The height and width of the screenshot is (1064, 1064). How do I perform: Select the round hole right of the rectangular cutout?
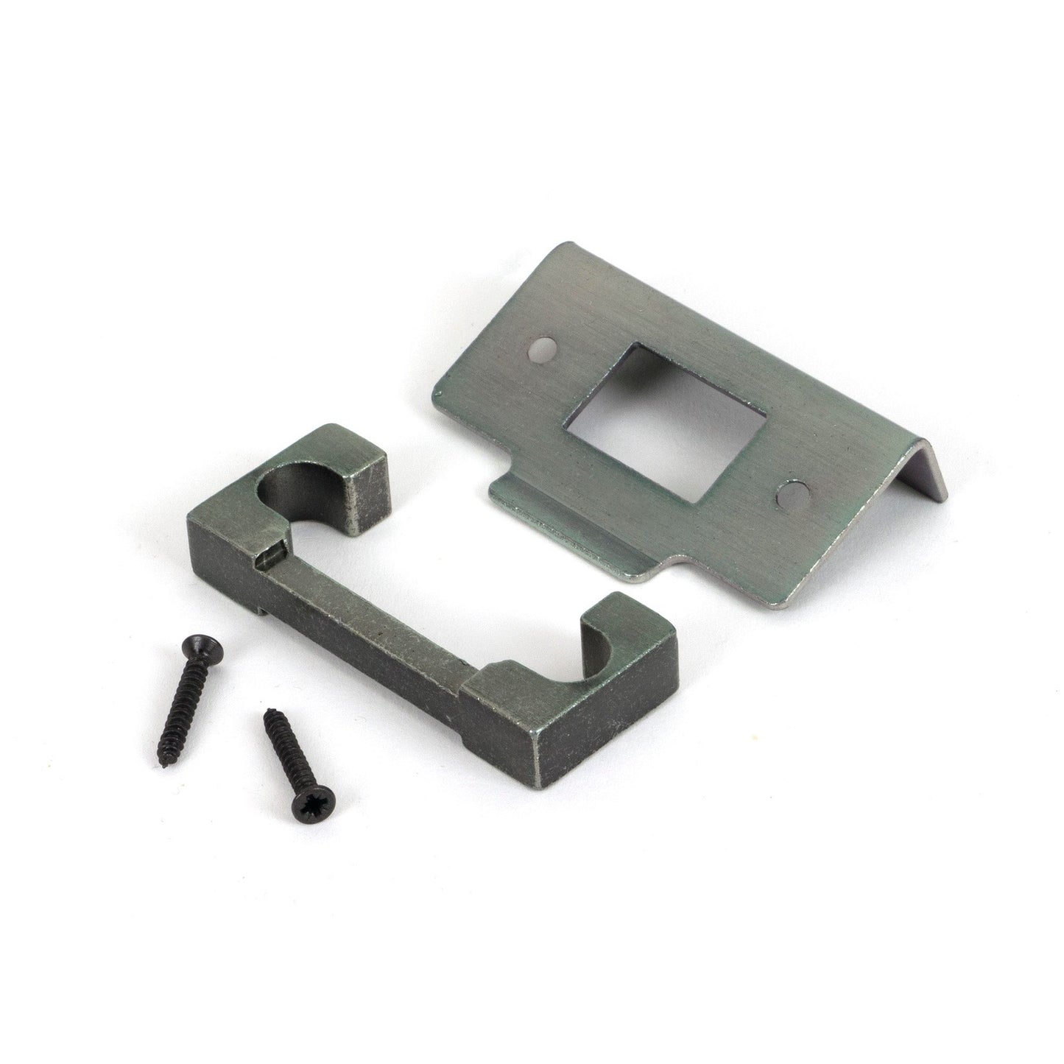pos(792,494)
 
